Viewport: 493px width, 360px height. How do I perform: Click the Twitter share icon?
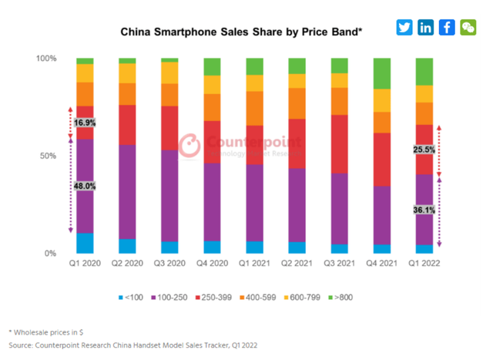pyautogui.click(x=404, y=27)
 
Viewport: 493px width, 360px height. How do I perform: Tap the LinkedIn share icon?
pyautogui.click(x=425, y=27)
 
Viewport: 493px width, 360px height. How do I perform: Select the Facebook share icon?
pyautogui.click(x=447, y=27)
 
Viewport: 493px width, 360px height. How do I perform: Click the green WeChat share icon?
pyautogui.click(x=468, y=27)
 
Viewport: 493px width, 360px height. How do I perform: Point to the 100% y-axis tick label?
pyautogui.click(x=46, y=59)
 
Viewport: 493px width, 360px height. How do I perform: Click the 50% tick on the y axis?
pyautogui.click(x=48, y=156)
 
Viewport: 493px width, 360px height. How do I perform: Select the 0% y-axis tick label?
pyautogui.click(x=50, y=254)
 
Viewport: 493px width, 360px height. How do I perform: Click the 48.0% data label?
pyautogui.click(x=85, y=186)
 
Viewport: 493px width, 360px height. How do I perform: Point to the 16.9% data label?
pyautogui.click(x=85, y=123)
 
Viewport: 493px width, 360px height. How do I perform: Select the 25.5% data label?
pyautogui.click(x=424, y=150)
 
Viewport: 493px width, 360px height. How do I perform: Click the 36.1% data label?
pyautogui.click(x=424, y=209)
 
